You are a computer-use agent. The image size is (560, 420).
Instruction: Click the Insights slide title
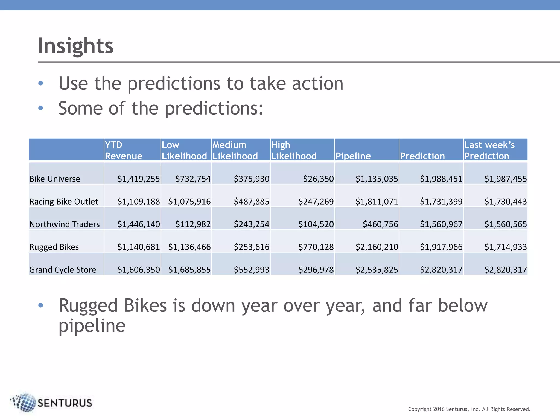tap(75, 46)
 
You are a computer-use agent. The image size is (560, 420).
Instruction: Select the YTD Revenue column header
tap(124, 150)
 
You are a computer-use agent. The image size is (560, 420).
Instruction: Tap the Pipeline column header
tap(353, 156)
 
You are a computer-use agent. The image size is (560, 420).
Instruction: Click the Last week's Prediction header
tap(489, 150)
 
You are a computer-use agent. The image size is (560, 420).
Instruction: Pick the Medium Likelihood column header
tap(235, 150)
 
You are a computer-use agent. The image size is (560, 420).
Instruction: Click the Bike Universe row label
tap(55, 179)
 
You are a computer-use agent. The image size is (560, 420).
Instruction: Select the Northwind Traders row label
tap(65, 224)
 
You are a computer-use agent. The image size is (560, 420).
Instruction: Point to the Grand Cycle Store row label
tap(63, 270)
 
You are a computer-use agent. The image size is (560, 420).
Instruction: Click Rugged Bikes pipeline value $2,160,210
tap(377, 247)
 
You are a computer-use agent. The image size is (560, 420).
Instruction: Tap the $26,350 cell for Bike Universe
tap(318, 179)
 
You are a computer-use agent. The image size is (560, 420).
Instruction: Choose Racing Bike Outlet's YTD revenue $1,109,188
tap(138, 202)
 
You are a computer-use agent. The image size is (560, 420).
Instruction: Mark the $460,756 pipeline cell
tap(380, 224)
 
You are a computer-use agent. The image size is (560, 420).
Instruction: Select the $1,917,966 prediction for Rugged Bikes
tap(441, 247)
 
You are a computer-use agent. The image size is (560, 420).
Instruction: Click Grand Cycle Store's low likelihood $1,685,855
tap(189, 270)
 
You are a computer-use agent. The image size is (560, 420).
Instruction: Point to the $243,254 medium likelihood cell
tap(251, 224)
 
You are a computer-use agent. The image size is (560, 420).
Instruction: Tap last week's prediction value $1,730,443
tap(505, 202)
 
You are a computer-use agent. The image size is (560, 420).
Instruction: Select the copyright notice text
tap(469, 409)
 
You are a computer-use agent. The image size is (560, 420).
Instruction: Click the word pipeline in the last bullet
tap(92, 326)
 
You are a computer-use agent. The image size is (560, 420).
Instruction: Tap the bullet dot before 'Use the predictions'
tap(41, 83)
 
